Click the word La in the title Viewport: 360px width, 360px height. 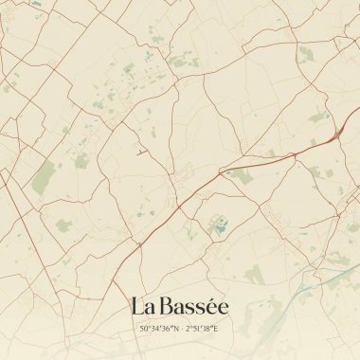point(143,306)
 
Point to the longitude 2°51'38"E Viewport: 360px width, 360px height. point(202,329)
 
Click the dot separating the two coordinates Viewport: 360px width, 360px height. point(180,329)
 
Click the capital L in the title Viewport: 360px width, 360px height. point(137,306)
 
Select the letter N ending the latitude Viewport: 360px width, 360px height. point(173,329)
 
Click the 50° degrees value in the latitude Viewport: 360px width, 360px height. point(145,329)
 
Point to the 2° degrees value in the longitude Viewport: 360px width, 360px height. point(189,329)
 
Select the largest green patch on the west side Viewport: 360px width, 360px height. point(44,177)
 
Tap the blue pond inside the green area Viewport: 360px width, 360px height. point(220,225)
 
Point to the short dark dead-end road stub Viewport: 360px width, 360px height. point(141,152)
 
